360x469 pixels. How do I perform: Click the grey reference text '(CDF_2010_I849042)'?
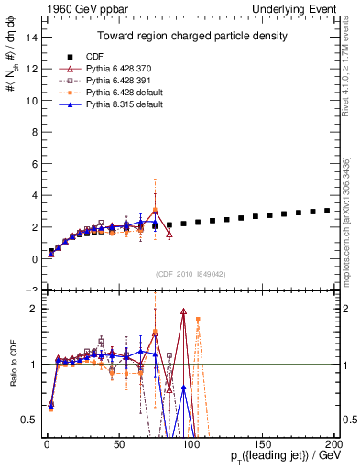[x=190, y=273]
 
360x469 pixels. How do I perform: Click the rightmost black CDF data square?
[x=327, y=210]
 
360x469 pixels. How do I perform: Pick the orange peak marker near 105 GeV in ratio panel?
[x=198, y=320]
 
